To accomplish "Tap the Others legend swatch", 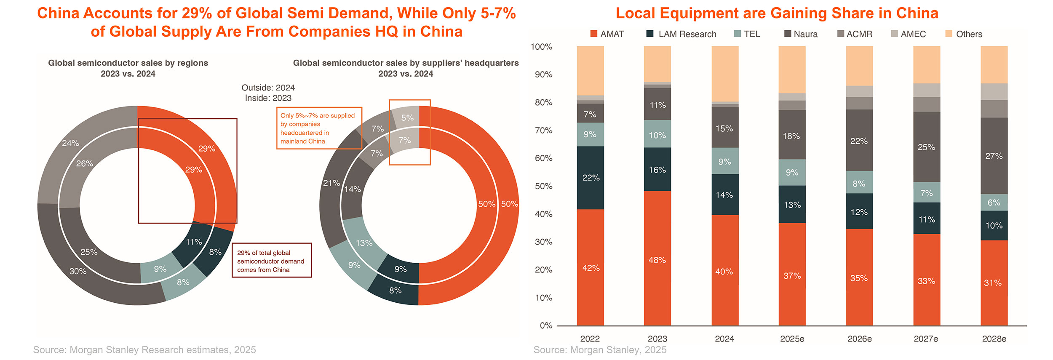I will tap(949, 34).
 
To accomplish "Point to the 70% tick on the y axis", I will tap(543, 131).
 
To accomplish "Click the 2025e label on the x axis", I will tap(792, 339).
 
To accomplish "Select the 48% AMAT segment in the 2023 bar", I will tap(657, 260).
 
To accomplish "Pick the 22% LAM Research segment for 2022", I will tap(591, 178).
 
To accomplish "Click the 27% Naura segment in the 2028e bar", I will tap(994, 156).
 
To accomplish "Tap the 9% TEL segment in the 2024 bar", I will tap(724, 162).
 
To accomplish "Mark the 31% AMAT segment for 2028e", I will tap(994, 283).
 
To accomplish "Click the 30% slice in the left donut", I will tap(78, 271).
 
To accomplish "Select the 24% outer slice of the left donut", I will tap(70, 143).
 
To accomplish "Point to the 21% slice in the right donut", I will tap(331, 183).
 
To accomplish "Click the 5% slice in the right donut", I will tap(407, 118).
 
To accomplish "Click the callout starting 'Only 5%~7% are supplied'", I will tap(319, 128).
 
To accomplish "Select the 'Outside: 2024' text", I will tap(268, 88).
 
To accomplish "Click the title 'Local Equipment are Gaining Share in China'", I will tap(777, 13).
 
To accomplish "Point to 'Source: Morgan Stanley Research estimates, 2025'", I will tap(144, 350).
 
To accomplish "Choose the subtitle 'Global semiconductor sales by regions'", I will tap(128, 63).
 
